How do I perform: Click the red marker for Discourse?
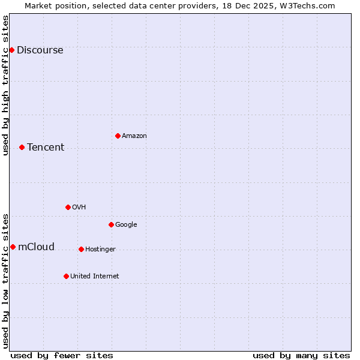(x=11, y=50)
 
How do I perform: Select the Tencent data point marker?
(x=22, y=147)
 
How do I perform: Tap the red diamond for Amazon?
(x=118, y=136)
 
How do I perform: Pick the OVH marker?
(x=68, y=207)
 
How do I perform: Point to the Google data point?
(x=111, y=224)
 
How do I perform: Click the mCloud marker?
(x=13, y=247)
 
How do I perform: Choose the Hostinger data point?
(x=81, y=249)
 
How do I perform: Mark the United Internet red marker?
(x=66, y=276)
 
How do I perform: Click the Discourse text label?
(x=40, y=50)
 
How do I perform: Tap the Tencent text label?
(x=46, y=148)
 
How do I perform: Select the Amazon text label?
(x=134, y=136)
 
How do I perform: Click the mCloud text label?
(x=36, y=247)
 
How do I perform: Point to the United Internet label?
(x=95, y=277)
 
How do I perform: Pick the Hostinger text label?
(x=100, y=250)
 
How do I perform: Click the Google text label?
(x=126, y=225)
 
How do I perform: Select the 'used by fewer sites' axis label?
(x=62, y=355)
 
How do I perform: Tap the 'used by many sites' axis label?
(x=301, y=355)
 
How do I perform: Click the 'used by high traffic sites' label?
(x=6, y=85)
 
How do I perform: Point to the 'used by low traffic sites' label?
(x=6, y=281)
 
